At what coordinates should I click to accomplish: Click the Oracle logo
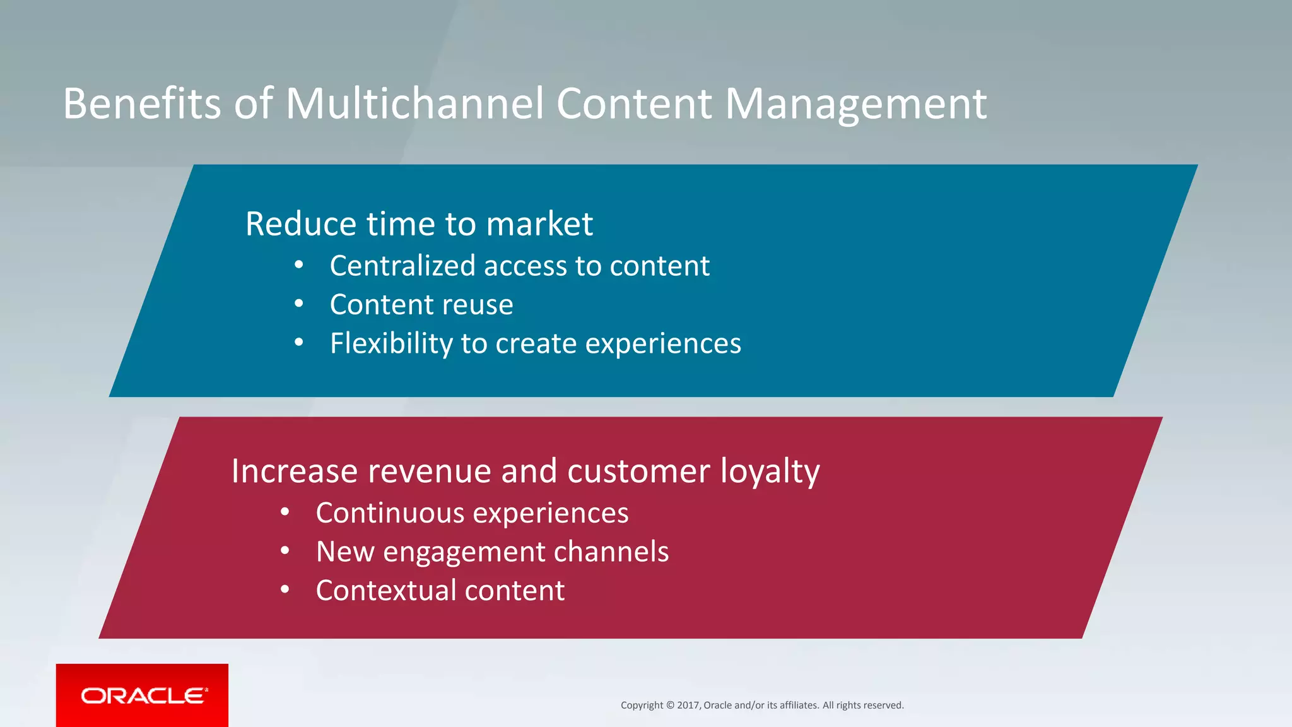point(143,695)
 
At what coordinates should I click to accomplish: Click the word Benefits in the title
point(142,103)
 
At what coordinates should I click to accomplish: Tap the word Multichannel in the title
point(414,103)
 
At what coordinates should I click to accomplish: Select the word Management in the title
point(855,103)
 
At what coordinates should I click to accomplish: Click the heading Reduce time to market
point(419,224)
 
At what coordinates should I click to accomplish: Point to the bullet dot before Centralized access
point(299,265)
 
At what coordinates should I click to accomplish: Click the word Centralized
point(402,266)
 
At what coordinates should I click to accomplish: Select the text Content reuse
point(421,305)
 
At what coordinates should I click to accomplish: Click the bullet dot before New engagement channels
point(285,551)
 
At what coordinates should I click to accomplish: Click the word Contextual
point(386,591)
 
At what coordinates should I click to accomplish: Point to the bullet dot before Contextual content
point(285,589)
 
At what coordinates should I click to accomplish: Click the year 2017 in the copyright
point(688,706)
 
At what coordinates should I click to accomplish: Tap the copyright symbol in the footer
point(670,706)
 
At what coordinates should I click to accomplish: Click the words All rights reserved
point(862,706)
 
